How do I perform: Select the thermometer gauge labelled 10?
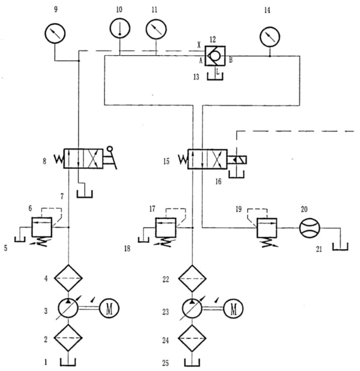(120, 28)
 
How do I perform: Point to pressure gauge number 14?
(269, 37)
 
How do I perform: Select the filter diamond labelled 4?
(69, 274)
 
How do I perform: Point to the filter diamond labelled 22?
(192, 274)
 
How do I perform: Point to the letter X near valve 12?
(199, 45)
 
